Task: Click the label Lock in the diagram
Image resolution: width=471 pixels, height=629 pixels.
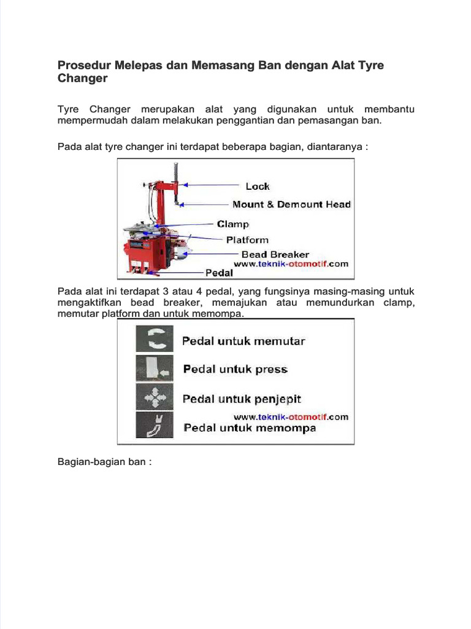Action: coord(258,186)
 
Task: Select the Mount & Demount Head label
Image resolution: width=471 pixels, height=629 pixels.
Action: coord(291,205)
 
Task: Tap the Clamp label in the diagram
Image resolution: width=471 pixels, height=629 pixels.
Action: coord(233,224)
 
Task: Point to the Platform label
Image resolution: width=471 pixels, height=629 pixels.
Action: coord(247,240)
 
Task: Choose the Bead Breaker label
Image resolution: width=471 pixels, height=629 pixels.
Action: coord(275,254)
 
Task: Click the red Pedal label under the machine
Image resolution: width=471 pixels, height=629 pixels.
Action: coord(219,272)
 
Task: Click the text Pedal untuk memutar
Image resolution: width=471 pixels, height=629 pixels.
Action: coord(243,341)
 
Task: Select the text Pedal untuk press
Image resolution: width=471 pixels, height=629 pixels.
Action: coord(235,369)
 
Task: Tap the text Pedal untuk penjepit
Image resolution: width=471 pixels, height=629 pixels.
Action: coord(242,399)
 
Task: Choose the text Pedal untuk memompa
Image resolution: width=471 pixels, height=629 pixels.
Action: coord(250,428)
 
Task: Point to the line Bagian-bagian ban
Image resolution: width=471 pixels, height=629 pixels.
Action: coord(104,461)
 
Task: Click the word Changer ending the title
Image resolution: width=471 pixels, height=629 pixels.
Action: coord(82,79)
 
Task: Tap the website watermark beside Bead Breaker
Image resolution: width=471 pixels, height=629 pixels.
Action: coord(291,264)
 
